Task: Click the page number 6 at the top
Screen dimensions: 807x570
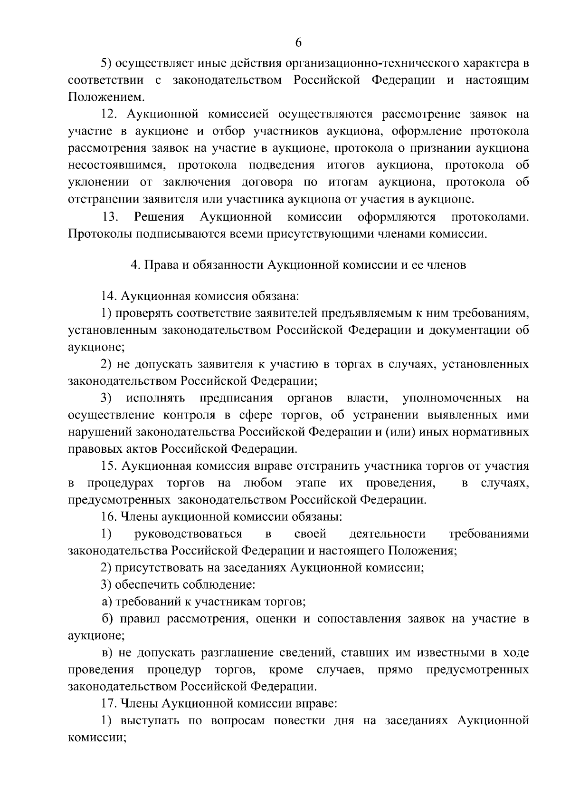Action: coord(298,43)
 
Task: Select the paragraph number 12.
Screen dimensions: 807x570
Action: coord(110,115)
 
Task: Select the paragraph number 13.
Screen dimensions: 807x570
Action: coord(110,217)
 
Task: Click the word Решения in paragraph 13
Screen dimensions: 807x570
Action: coord(159,217)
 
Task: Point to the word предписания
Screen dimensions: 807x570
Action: coord(236,398)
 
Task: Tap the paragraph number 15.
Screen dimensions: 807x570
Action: coord(110,466)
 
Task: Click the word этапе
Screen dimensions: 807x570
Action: coord(310,483)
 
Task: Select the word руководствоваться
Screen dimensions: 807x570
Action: coord(188,534)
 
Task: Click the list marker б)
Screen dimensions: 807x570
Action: coord(107,619)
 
